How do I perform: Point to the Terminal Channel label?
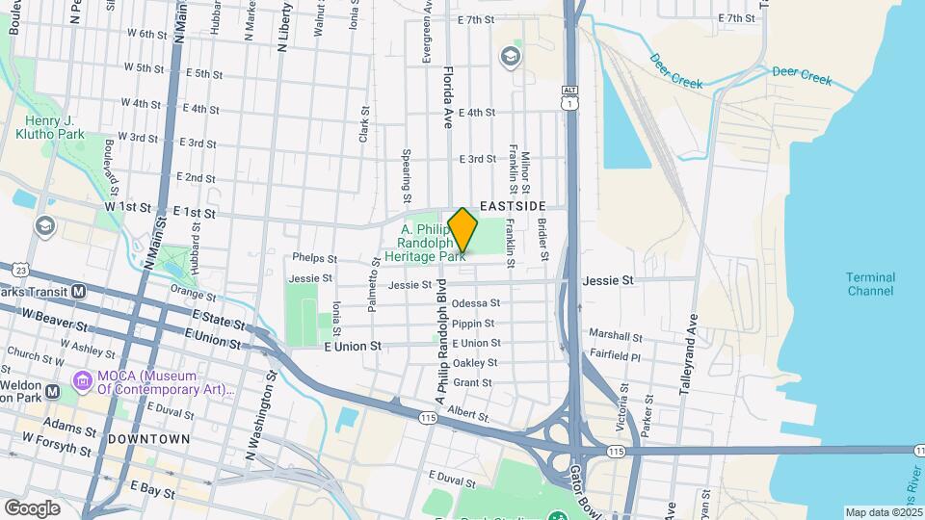point(870,284)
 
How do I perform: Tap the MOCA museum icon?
point(82,382)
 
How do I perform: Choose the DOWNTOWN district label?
point(148,439)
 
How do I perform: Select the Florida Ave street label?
point(447,97)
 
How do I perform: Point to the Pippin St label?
point(473,324)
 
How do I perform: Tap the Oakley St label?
point(475,363)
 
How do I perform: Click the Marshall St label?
point(615,337)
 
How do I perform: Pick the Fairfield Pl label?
point(614,356)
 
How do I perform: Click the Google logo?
point(32,507)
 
